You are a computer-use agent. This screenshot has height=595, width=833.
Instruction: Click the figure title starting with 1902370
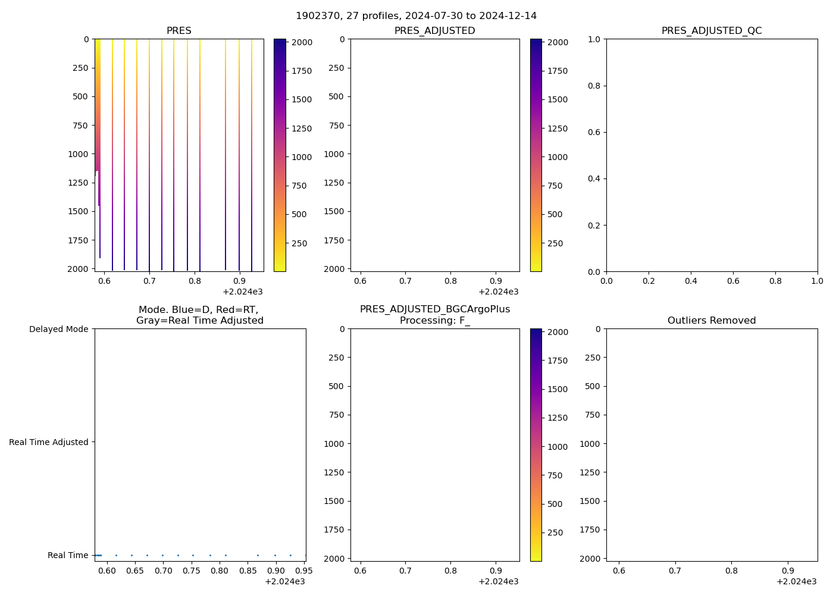[416, 16]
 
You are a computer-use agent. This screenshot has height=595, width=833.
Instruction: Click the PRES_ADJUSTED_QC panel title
[712, 31]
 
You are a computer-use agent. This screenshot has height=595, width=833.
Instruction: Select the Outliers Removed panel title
[712, 321]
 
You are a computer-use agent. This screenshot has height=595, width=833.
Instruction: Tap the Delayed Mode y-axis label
[58, 329]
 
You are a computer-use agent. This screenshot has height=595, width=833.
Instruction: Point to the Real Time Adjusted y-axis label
[49, 442]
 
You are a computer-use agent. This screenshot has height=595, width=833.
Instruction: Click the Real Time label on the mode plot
[68, 555]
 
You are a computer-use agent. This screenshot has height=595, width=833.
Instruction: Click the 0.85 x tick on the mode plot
[248, 571]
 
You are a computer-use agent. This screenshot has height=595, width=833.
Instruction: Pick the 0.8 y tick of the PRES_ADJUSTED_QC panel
[594, 86]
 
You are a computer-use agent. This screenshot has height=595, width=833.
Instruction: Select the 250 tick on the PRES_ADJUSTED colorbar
[555, 243]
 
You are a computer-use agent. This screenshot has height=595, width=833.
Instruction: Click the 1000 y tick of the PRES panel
[78, 154]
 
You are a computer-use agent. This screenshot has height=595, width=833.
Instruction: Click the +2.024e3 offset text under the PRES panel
[243, 292]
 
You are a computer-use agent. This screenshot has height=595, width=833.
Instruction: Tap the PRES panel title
[179, 31]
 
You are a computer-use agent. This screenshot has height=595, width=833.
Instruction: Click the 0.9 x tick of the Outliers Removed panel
[788, 571]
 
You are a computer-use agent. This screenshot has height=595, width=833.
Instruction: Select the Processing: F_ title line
[435, 321]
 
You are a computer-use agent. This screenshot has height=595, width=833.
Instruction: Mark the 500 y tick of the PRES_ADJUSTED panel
[336, 96]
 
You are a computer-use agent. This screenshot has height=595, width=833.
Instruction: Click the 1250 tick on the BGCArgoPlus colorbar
[558, 418]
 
